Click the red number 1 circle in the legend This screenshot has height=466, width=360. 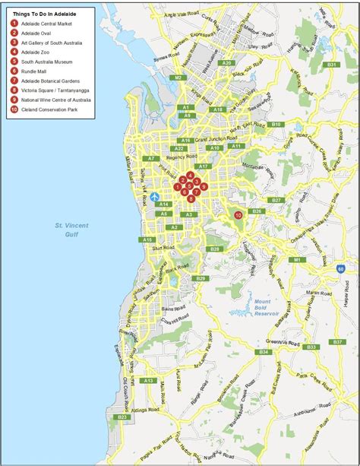click(x=14, y=23)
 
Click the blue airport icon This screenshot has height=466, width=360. click(x=156, y=196)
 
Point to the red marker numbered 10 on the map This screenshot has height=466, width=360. click(x=238, y=214)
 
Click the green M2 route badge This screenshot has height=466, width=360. click(x=178, y=78)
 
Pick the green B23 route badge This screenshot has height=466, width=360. click(x=122, y=417)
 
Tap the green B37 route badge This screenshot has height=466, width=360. click(x=336, y=343)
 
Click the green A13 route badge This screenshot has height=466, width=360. click(x=149, y=380)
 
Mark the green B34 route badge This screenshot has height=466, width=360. click(x=264, y=353)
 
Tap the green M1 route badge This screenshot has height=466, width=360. click(x=298, y=260)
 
